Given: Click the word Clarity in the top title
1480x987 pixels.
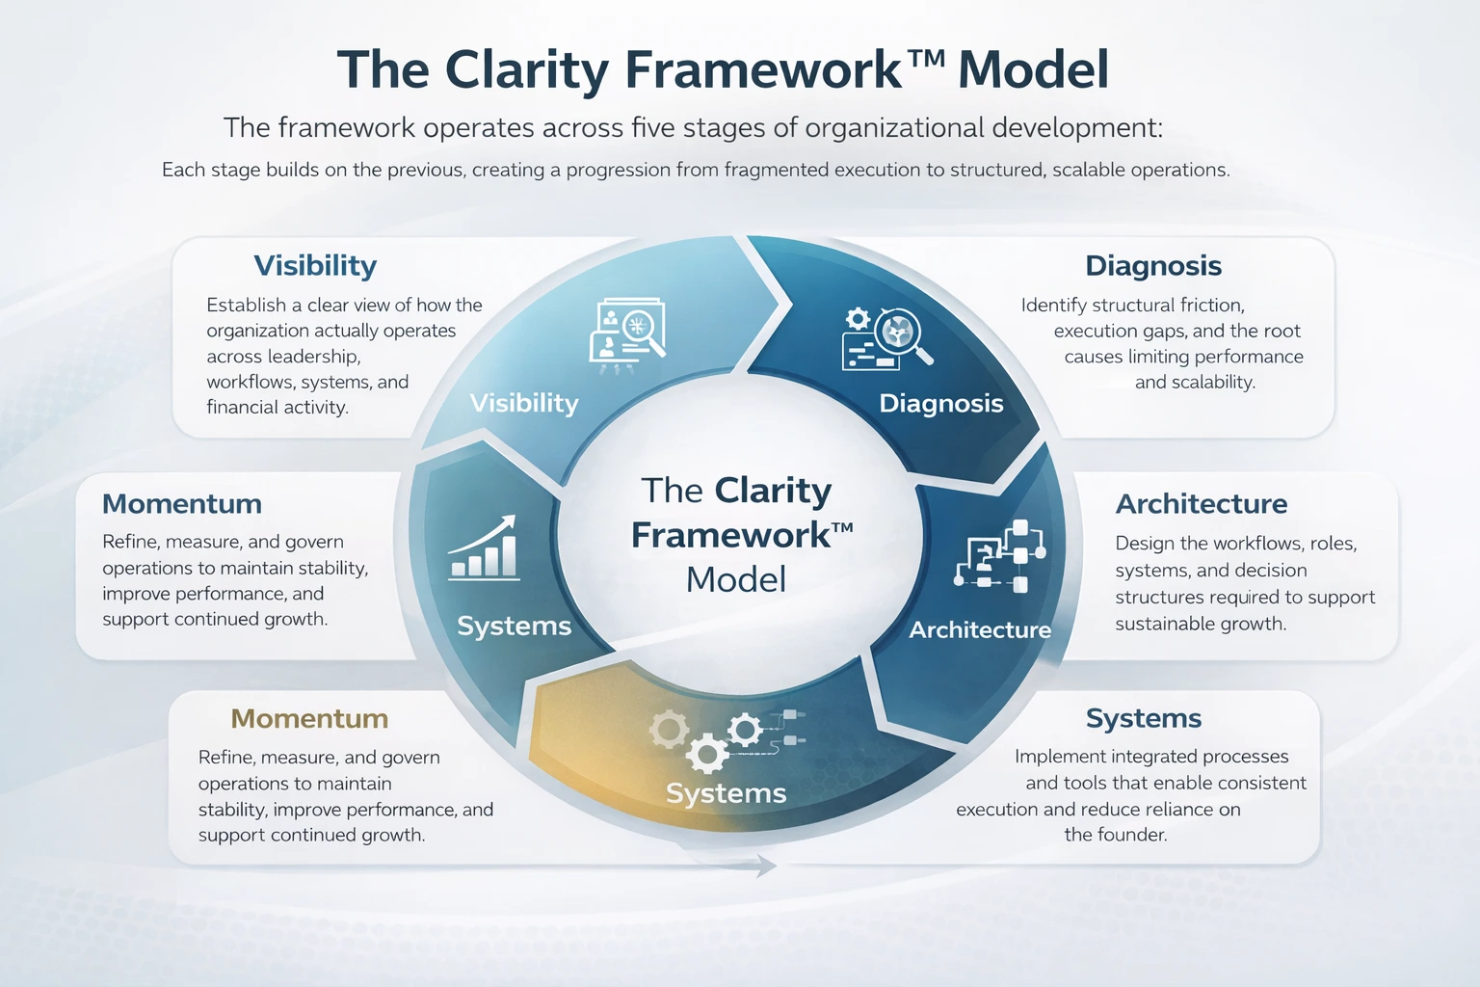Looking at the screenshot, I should click(x=527, y=70).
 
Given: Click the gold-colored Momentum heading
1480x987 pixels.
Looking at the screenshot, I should click(x=309, y=719).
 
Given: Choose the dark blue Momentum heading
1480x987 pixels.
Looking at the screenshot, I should click(x=182, y=504).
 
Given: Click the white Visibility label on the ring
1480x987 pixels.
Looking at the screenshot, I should click(x=524, y=403).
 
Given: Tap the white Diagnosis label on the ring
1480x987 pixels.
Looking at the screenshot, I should click(x=941, y=403).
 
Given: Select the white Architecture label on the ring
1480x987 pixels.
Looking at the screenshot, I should click(x=980, y=629).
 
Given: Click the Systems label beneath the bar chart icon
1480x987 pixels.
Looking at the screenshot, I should click(x=514, y=626).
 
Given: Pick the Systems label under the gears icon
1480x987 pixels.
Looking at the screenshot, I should click(x=726, y=793).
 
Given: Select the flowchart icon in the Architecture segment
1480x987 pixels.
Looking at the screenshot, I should click(x=999, y=556).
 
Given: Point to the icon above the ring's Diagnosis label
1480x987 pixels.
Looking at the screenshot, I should click(x=887, y=337).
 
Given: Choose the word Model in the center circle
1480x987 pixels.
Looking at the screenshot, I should click(x=736, y=579).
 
